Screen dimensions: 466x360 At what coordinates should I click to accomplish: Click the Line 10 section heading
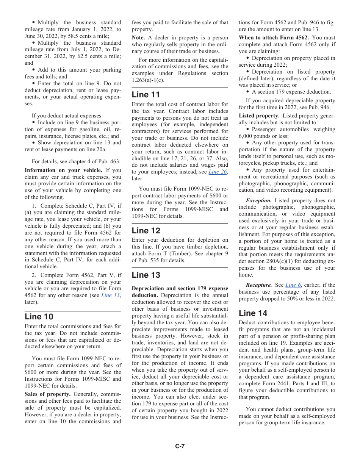pos(39,317)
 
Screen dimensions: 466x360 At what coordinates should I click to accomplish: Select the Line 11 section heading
pos(146,95)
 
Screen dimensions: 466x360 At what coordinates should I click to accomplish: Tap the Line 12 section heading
pos(146,230)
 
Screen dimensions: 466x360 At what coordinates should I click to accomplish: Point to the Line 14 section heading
pos(253,313)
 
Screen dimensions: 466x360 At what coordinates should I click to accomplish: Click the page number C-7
pos(180,446)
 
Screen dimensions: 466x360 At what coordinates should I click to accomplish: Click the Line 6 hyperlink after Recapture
pos(291,285)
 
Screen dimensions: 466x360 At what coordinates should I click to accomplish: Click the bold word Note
pos(138,38)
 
